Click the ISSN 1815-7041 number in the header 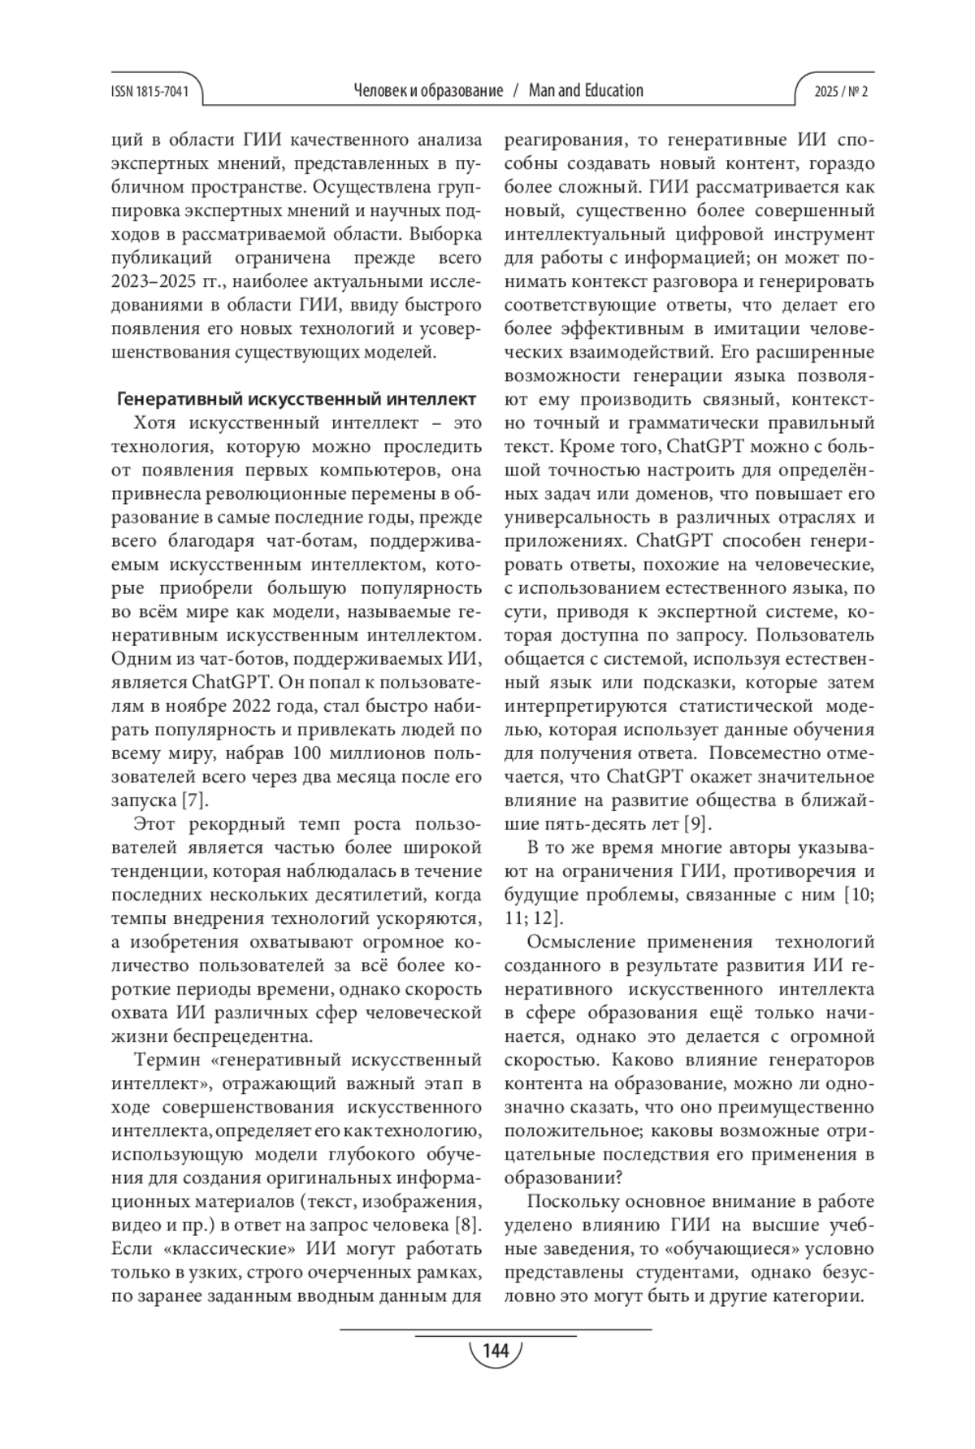149,91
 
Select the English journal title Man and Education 585,90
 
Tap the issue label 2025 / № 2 841,91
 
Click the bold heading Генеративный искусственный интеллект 297,399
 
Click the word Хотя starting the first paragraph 156,423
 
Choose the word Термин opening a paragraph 167,1060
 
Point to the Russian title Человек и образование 428,90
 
